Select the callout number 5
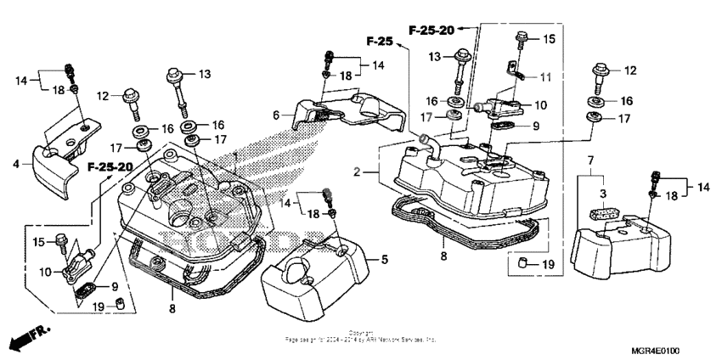384,259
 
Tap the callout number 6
275,115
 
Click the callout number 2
359,172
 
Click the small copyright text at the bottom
360,337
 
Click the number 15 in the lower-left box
37,243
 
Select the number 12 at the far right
630,70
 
